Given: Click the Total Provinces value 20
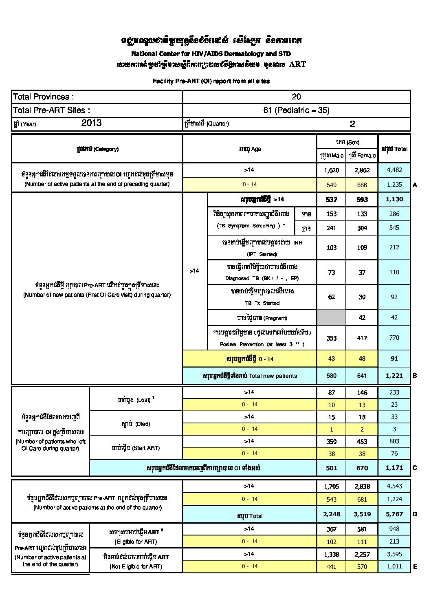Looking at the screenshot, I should tap(296, 97).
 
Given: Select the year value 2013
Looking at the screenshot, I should tap(91, 123).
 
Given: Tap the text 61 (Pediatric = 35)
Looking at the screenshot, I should tap(296, 110).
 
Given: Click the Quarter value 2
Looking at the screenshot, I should tap(352, 124).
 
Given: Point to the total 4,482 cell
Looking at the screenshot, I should tap(394, 170).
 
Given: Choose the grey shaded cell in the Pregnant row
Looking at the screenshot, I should tap(331, 317).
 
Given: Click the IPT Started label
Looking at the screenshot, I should tap(262, 254).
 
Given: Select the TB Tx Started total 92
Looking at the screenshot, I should tap(394, 297).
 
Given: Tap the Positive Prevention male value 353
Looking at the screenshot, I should tap(331, 338).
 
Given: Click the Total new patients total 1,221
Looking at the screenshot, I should tap(394, 376).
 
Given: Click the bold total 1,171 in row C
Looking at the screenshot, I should tap(394, 468).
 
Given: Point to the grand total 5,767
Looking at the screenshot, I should tap(394, 514).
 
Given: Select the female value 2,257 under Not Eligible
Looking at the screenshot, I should tap(362, 554).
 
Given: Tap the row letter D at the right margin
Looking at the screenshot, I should tap(415, 514).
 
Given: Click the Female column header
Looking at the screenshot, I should tap(362, 155).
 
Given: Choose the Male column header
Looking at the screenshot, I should tap(332, 155).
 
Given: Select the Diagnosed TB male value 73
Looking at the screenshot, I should tap(331, 273).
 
